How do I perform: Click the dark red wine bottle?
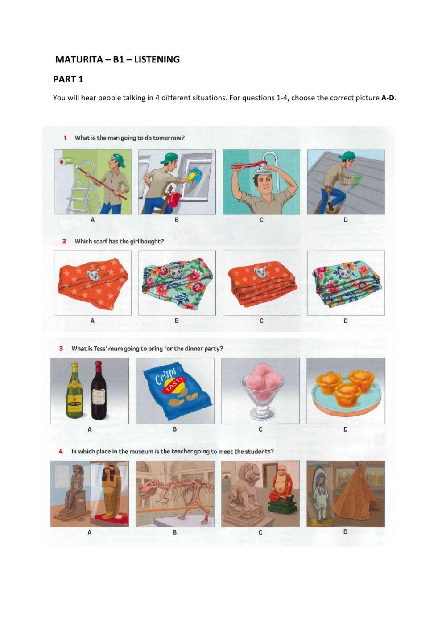coord(99,391)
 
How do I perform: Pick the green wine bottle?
coord(74,391)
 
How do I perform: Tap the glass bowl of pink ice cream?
coord(262,391)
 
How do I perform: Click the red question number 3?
coord(61,349)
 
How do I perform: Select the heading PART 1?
coord(68,79)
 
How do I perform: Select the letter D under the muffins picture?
coord(345,429)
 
